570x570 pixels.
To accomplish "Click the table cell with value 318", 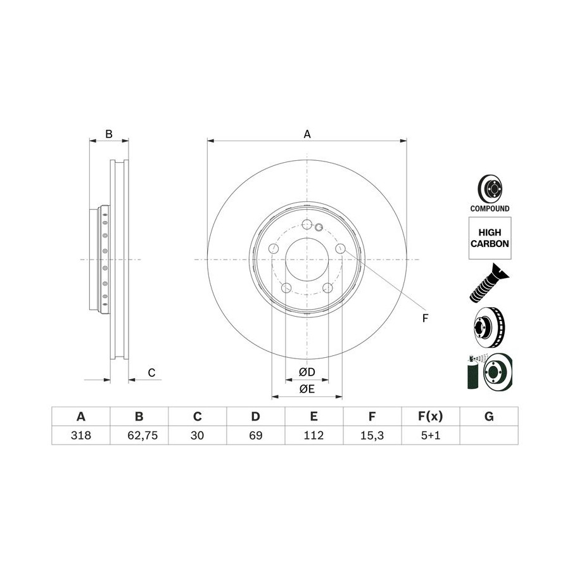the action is [80, 435].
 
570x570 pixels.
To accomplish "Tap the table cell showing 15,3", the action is [372, 435].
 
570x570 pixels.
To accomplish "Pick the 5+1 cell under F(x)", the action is [431, 435].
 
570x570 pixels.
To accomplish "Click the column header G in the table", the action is [489, 416].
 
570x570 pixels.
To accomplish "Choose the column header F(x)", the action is [431, 416].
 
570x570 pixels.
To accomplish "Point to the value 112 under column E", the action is [313, 435].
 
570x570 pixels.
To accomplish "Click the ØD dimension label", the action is [307, 372].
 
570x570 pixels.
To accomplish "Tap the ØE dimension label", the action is [307, 389].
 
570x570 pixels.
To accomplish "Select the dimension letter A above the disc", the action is [307, 134].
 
